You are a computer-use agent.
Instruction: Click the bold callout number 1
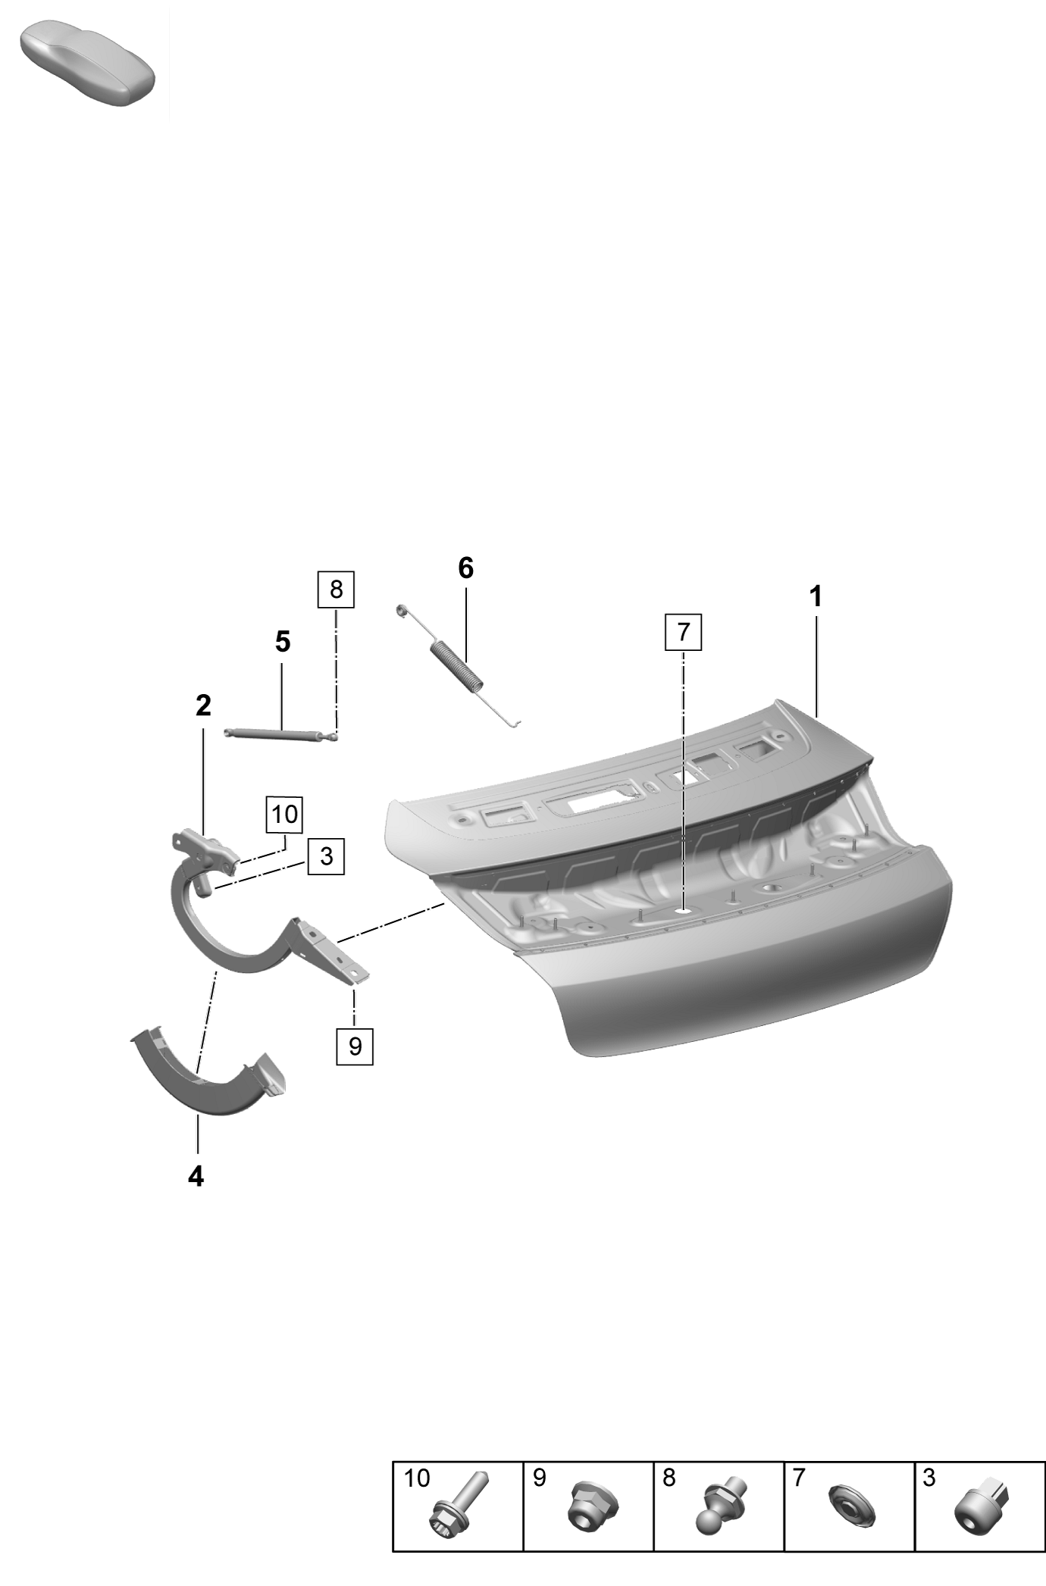(x=816, y=597)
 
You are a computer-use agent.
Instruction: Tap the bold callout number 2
(x=203, y=705)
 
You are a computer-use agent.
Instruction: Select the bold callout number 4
(x=196, y=1176)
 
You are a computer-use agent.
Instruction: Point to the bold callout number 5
(x=282, y=642)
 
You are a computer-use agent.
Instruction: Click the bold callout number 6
(x=465, y=568)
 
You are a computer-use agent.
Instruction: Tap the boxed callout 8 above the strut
(x=337, y=590)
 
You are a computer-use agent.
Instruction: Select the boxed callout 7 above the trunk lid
(x=684, y=631)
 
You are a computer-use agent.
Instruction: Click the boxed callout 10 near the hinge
(x=284, y=815)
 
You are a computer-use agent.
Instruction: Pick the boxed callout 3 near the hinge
(x=327, y=856)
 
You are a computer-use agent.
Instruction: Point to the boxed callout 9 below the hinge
(x=355, y=1046)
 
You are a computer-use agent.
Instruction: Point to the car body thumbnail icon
(x=87, y=64)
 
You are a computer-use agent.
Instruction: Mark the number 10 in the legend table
(x=416, y=1478)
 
